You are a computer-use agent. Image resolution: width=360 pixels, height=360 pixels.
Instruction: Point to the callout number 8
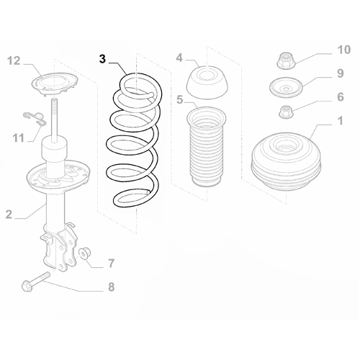click(111, 288)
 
